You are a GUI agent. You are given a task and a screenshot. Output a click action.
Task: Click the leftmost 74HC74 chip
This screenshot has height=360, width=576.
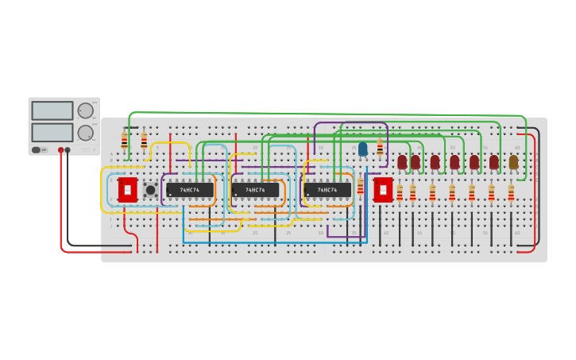tap(190, 190)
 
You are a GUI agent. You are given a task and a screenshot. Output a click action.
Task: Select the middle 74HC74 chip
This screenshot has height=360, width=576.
tap(256, 190)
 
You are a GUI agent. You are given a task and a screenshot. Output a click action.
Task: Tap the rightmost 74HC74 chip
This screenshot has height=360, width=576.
tap(327, 190)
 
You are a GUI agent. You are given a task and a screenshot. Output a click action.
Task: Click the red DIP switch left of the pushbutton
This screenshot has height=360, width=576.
tap(126, 189)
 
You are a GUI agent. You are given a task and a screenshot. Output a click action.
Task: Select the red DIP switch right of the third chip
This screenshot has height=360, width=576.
tap(383, 189)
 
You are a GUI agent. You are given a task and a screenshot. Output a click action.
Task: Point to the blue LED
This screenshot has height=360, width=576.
tap(363, 149)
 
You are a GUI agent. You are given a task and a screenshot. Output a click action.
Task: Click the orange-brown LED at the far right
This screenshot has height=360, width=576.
tap(513, 161)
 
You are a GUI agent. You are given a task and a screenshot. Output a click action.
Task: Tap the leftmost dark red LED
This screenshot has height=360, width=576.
tap(402, 161)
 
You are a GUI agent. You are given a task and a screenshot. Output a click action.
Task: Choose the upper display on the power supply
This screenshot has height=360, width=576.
tap(52, 110)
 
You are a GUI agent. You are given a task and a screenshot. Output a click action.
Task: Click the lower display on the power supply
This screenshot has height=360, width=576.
tap(52, 132)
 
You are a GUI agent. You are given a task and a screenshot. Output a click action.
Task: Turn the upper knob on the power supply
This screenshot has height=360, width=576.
tap(85, 110)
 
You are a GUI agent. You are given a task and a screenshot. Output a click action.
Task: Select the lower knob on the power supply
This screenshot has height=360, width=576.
tap(85, 133)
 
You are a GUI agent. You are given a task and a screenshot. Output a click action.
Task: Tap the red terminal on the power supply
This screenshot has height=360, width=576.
tap(60, 149)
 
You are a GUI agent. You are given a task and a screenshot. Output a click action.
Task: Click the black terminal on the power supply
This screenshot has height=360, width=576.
tap(68, 149)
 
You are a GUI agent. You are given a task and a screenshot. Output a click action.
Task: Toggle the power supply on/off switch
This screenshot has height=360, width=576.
tap(37, 149)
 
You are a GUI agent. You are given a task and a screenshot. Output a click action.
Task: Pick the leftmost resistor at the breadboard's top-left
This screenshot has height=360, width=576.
tap(124, 141)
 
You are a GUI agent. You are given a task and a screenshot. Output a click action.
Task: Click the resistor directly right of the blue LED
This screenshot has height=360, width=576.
tap(380, 147)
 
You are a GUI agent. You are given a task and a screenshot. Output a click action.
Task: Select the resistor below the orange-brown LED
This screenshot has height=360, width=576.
tap(511, 193)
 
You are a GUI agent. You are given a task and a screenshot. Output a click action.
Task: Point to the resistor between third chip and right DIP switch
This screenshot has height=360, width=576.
tap(360, 187)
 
